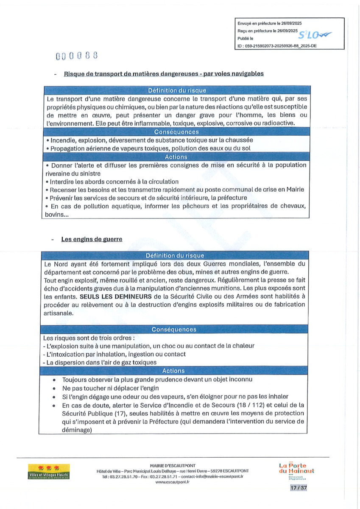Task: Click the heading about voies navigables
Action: (164, 74)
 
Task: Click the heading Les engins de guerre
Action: (92, 239)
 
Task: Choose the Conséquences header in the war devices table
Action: (174, 330)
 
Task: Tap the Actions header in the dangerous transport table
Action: (176, 157)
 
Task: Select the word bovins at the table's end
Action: (53, 215)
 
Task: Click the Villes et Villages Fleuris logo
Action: (48, 471)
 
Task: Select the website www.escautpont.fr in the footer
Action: (172, 482)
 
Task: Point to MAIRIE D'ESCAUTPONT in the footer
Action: (173, 465)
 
